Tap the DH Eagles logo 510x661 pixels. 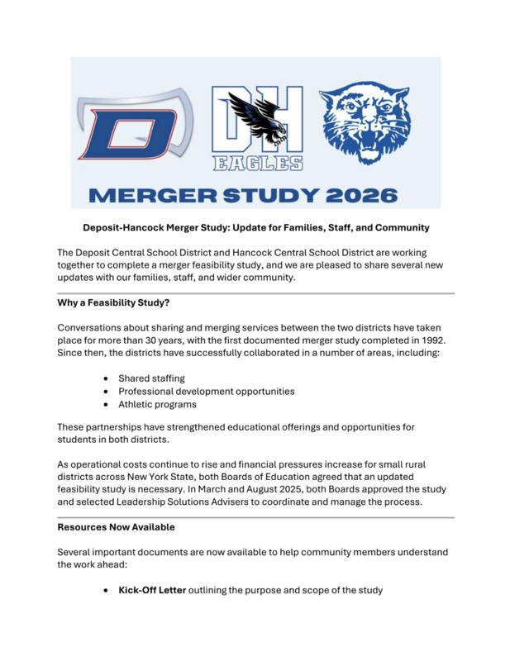[x=256, y=128]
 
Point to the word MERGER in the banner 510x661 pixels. [x=140, y=196]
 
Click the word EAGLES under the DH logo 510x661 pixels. [x=256, y=164]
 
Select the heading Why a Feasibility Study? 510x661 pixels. [x=113, y=303]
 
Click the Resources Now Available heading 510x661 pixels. [x=116, y=526]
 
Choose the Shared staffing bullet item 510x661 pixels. [x=151, y=378]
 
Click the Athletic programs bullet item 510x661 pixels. [x=157, y=404]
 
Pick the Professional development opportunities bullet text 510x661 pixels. [x=206, y=391]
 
